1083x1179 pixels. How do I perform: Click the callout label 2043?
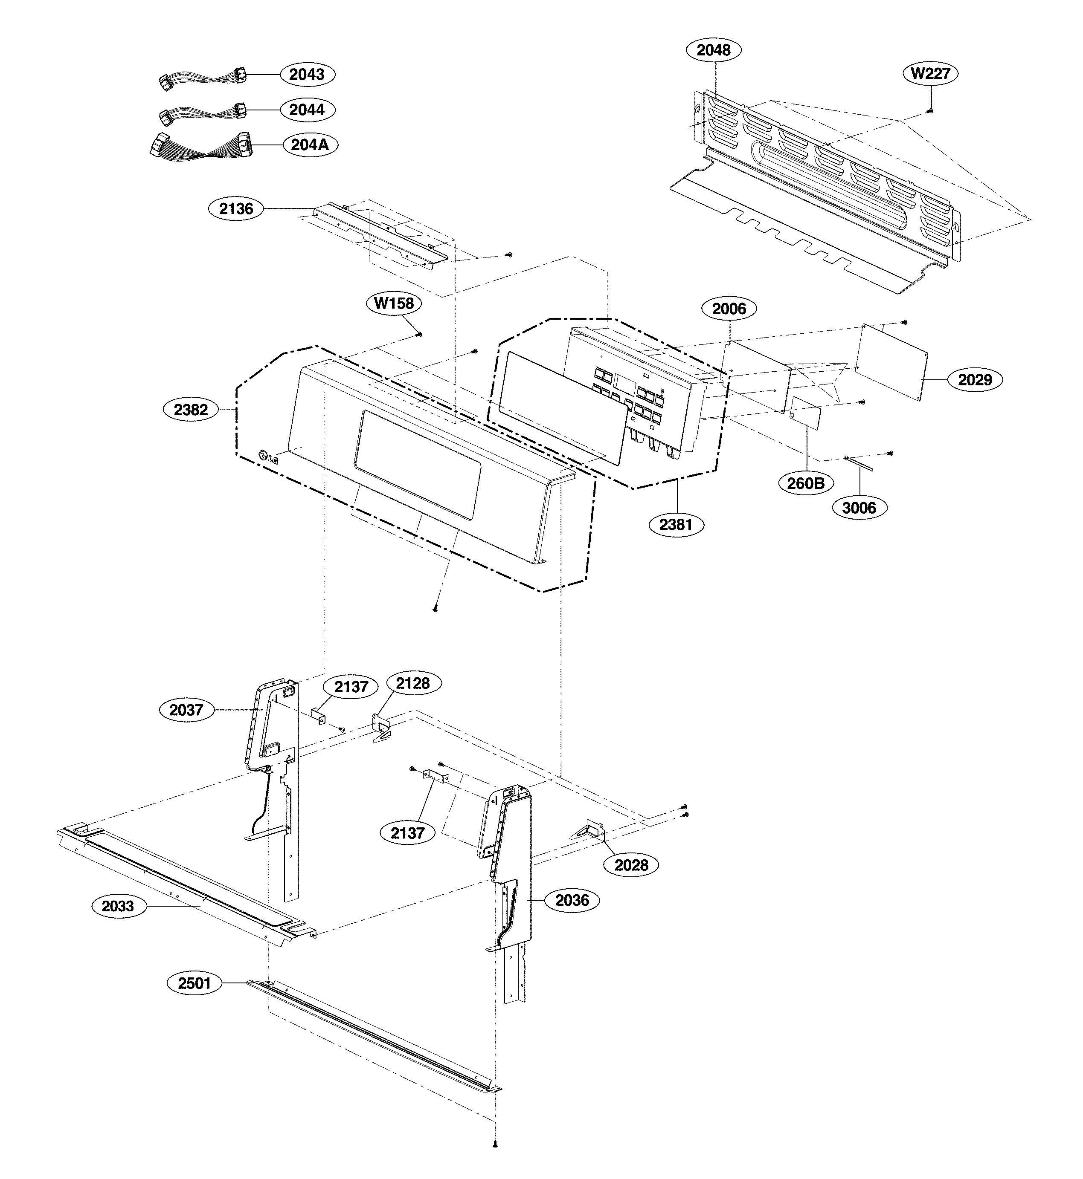click(307, 75)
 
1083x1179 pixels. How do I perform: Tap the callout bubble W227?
click(931, 74)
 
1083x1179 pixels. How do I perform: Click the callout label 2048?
click(713, 50)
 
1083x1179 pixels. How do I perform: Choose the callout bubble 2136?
click(236, 209)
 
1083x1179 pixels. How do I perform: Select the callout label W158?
click(394, 303)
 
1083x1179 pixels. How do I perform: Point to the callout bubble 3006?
click(859, 508)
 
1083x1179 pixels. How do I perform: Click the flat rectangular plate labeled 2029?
click(892, 363)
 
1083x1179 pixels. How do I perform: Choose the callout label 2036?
click(572, 900)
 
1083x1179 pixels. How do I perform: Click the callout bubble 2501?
click(195, 983)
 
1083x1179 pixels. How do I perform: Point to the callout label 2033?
click(118, 906)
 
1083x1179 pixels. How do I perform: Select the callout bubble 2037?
click(186, 711)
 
